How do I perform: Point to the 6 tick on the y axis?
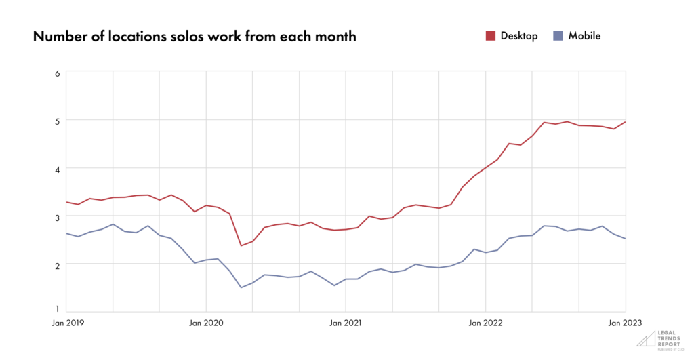[58, 73]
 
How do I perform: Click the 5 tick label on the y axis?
[58, 121]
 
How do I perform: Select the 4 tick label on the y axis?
[58, 169]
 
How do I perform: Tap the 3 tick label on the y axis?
[58, 217]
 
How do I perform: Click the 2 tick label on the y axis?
[58, 265]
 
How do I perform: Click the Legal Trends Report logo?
[653, 339]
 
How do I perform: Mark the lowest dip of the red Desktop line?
[241, 245]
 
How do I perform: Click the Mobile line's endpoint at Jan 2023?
[625, 239]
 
